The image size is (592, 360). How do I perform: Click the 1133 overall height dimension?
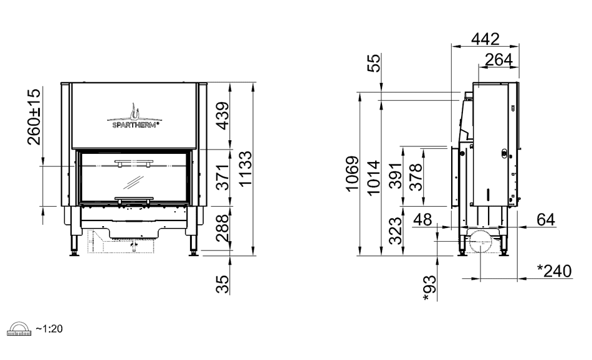pyautogui.click(x=246, y=169)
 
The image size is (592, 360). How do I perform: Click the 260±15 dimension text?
pyautogui.click(x=34, y=117)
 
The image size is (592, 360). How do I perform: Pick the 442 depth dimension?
pyautogui.click(x=485, y=39)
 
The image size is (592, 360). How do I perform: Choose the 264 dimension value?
pyautogui.click(x=499, y=60)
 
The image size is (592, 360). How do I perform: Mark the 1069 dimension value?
pyautogui.click(x=351, y=174)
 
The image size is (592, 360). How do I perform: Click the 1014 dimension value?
pyautogui.click(x=373, y=178)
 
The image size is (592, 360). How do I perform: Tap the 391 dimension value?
pyautogui.click(x=396, y=176)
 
